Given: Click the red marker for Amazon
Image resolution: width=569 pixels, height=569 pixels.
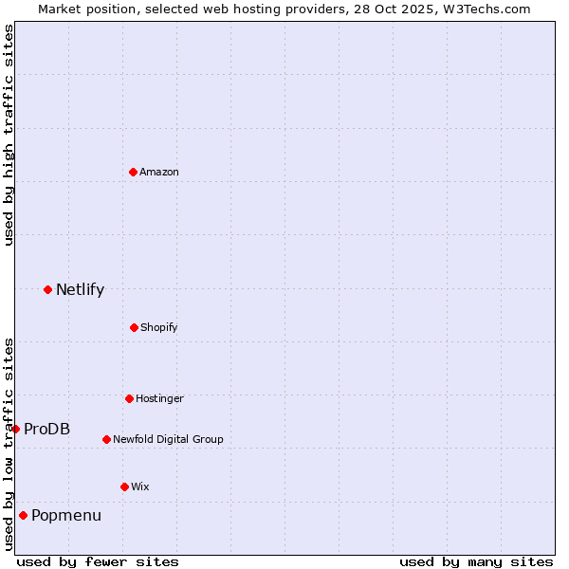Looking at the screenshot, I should click(x=133, y=172).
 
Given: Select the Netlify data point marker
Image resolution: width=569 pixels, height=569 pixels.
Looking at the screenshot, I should click(x=47, y=289).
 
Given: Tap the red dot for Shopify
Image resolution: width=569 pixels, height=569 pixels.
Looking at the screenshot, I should click(x=134, y=327).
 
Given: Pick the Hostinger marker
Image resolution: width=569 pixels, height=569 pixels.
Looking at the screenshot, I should click(x=129, y=398).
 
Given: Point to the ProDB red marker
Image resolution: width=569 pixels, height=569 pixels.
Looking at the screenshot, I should click(x=15, y=429).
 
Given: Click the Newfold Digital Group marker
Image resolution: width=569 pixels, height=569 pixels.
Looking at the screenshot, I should click(x=106, y=439).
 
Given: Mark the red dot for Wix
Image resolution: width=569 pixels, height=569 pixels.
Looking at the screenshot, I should click(x=124, y=486).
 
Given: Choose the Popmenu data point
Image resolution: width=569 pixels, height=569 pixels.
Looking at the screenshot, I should click(x=23, y=515).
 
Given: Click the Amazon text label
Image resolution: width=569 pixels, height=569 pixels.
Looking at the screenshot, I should click(x=159, y=172).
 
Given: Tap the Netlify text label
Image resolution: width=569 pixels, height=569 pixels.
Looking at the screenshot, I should click(x=80, y=289).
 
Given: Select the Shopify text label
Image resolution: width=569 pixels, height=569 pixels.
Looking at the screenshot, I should click(x=159, y=327).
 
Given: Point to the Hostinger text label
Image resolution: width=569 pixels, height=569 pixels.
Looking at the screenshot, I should click(x=159, y=398).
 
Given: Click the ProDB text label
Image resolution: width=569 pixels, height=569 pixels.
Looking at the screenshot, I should click(x=46, y=429).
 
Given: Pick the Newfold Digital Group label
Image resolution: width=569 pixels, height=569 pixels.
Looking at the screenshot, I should click(x=168, y=439).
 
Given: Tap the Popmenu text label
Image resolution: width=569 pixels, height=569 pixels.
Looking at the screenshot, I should click(x=66, y=515).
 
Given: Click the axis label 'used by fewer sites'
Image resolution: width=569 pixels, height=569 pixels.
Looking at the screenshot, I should click(x=98, y=561).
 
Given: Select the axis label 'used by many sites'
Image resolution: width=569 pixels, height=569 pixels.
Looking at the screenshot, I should click(x=476, y=561).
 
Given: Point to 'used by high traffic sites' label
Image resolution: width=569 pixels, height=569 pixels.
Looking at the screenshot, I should click(x=9, y=135).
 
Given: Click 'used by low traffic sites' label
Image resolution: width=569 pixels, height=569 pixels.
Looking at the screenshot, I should click(x=9, y=444).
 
